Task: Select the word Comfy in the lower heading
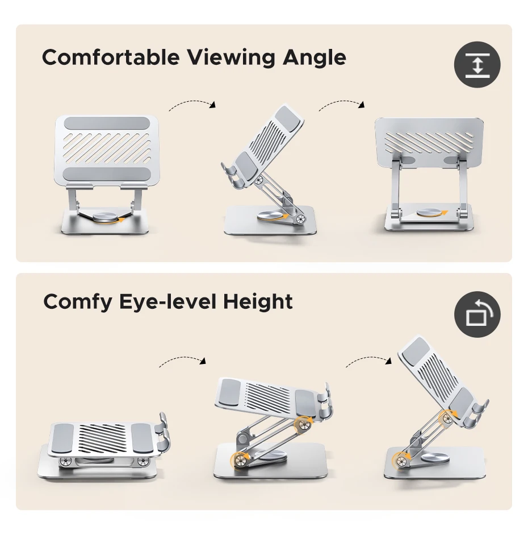click(x=78, y=302)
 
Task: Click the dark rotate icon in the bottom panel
click(x=477, y=314)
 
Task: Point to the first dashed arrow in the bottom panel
click(x=182, y=361)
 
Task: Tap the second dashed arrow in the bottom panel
click(x=369, y=360)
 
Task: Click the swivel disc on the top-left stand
click(x=105, y=216)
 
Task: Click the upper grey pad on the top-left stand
click(x=106, y=123)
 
